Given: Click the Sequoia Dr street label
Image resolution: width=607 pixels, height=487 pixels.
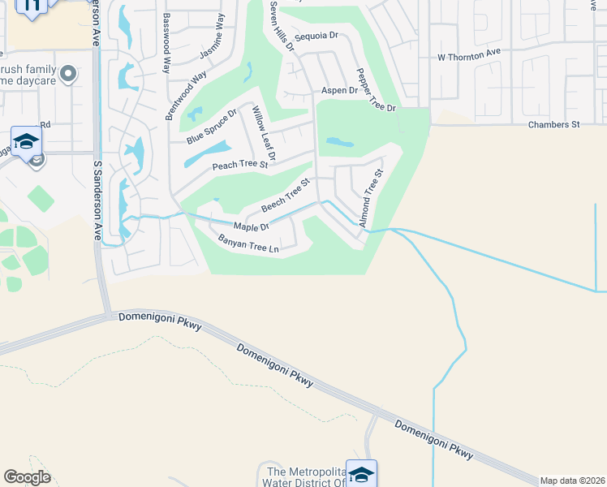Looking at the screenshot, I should tap(316, 36).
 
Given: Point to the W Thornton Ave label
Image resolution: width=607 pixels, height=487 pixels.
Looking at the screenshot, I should tap(469, 55).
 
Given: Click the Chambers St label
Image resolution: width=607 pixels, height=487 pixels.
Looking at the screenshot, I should tap(553, 125).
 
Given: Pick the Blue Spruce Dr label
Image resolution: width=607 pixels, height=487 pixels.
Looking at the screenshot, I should tap(211, 127).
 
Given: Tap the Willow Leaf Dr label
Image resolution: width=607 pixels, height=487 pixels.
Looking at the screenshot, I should tap(265, 132).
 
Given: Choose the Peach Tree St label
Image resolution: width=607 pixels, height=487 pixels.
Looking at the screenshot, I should tap(239, 165).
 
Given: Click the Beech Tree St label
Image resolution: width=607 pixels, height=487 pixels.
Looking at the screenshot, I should tap(286, 196).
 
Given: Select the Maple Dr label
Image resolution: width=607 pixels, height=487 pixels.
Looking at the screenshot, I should tap(251, 226).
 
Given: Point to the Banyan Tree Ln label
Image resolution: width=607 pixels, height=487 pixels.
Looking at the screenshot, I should tap(248, 243).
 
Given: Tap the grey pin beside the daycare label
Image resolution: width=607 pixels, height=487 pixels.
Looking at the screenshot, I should tap(69, 75).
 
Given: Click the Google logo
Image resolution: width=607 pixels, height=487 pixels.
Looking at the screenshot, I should tap(27, 477).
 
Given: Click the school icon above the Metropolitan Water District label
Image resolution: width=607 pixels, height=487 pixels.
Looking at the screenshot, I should tap(361, 472).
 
